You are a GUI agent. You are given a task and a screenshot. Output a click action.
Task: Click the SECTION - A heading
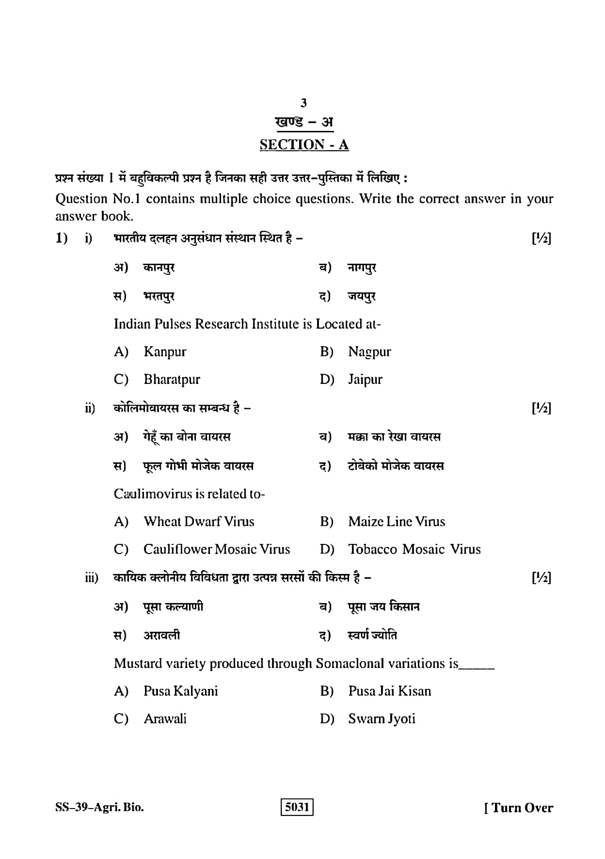[304, 144]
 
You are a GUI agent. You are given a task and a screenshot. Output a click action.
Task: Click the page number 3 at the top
[303, 103]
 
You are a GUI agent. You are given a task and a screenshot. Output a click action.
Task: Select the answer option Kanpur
[165, 351]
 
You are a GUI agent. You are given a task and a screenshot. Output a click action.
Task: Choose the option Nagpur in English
[369, 351]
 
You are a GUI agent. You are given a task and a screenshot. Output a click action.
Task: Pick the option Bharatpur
[172, 379]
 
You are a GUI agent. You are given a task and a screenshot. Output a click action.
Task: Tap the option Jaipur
[365, 379]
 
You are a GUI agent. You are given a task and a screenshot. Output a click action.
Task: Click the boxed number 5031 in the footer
[297, 807]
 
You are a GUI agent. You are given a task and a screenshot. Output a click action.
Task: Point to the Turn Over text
[519, 808]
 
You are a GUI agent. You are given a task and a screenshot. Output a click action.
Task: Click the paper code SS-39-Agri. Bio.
[99, 807]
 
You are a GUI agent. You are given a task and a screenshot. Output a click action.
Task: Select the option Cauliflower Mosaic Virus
[217, 549]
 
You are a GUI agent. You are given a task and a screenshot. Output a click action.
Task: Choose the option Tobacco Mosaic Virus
[414, 549]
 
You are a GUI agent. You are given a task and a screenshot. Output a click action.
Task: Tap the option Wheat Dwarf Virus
[199, 522]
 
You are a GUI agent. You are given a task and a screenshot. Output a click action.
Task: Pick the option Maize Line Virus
[397, 522]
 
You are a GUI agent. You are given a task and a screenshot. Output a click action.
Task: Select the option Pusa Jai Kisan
[389, 691]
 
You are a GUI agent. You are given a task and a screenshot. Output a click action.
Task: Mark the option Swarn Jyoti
[382, 718]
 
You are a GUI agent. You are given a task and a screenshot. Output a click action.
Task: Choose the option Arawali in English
[165, 718]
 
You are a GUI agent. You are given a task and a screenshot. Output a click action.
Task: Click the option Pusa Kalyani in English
[180, 691]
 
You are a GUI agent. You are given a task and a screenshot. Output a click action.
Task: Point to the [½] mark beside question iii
[541, 577]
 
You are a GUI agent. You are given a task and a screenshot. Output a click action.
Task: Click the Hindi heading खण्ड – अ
[304, 122]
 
